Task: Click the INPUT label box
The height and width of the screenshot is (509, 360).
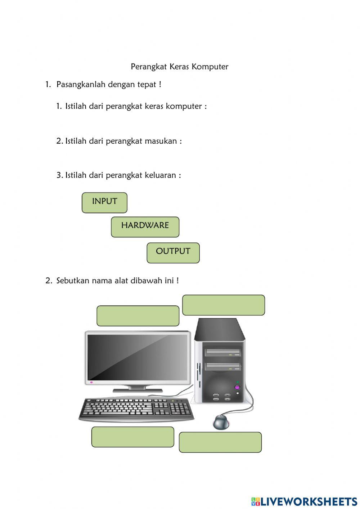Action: [104, 202]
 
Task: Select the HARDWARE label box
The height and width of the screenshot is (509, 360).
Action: [145, 227]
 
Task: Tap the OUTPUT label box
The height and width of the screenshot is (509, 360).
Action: [173, 253]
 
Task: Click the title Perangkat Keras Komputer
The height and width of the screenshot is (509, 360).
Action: [179, 67]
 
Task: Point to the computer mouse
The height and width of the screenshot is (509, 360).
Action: [221, 422]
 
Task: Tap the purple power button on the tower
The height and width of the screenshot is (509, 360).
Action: [237, 388]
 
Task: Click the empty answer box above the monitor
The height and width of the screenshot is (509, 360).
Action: [138, 316]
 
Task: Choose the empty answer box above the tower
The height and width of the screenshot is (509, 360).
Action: [224, 305]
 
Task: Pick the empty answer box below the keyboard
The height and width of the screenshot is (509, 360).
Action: [132, 437]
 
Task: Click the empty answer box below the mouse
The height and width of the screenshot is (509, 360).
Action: [220, 442]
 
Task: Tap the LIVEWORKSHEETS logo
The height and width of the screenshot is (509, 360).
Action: [304, 501]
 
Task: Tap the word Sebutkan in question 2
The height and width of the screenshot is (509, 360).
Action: [72, 281]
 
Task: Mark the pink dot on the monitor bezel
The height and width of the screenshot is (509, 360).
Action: [91, 382]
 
